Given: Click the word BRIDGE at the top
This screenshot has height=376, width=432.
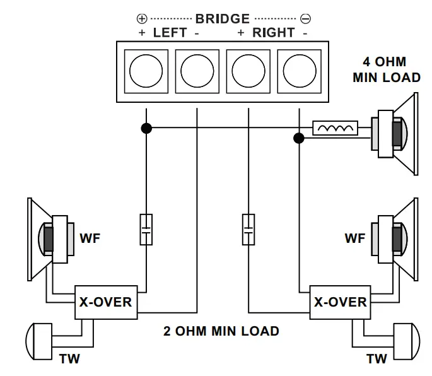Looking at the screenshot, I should [x=223, y=19].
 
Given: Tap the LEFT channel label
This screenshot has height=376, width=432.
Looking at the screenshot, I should [x=170, y=33].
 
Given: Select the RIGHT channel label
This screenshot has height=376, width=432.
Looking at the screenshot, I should [x=273, y=33].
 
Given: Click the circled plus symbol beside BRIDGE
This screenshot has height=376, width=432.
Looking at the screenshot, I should [x=142, y=20].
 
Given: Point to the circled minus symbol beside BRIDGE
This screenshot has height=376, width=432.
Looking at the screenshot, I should [x=305, y=20].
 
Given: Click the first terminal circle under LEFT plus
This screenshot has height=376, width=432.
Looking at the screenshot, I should [x=146, y=71].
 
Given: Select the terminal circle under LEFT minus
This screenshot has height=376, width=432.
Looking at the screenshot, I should [x=197, y=71].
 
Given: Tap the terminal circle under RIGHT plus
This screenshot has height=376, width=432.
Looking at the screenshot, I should [x=248, y=71].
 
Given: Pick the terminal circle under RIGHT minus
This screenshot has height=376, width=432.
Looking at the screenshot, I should [x=300, y=71].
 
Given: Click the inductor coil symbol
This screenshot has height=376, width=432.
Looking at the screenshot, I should [x=336, y=129].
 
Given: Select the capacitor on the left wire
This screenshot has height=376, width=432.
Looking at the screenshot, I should [x=146, y=230].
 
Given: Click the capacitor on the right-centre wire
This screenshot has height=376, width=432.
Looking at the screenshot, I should [x=248, y=230].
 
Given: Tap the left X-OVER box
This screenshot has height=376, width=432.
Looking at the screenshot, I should [x=105, y=302].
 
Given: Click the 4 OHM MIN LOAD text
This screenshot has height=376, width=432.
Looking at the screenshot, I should [x=386, y=70].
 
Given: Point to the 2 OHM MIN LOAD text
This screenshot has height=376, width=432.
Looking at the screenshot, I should [x=221, y=331].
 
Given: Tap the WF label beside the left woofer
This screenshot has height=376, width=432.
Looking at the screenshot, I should [x=90, y=238].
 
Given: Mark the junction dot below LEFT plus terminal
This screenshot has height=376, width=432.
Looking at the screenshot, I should [x=146, y=129].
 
